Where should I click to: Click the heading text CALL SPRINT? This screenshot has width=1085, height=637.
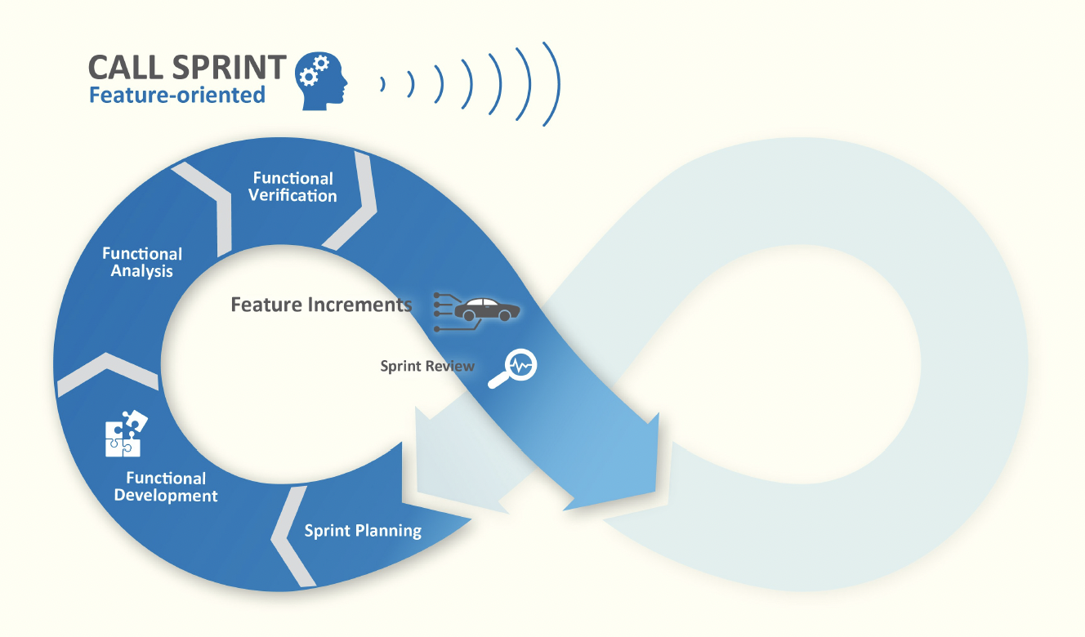point(187,67)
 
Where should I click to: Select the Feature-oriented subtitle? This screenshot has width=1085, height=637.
point(177,96)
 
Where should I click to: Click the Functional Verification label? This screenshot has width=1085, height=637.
point(292,187)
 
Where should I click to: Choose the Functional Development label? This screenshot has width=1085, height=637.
point(166,487)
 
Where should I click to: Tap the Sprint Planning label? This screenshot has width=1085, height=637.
point(363,531)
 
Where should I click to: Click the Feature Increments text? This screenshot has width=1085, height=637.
point(321,305)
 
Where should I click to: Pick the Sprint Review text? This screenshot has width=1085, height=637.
point(427,366)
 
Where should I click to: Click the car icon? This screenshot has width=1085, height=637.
point(486,311)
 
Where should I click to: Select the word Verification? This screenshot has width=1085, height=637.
point(292,196)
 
